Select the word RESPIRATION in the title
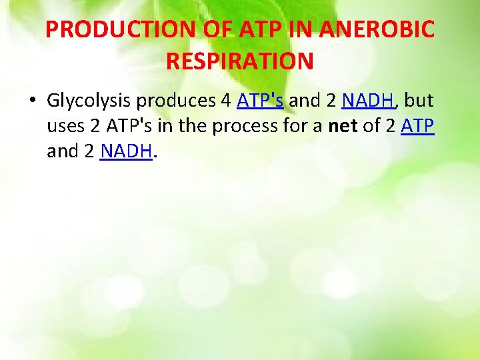point(239,61)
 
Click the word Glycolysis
point(89,101)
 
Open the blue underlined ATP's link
point(260,101)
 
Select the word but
point(419,101)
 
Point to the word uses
point(63,127)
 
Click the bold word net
point(343,127)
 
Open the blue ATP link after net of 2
point(418,127)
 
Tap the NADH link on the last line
point(126,152)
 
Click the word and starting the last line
point(62,152)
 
